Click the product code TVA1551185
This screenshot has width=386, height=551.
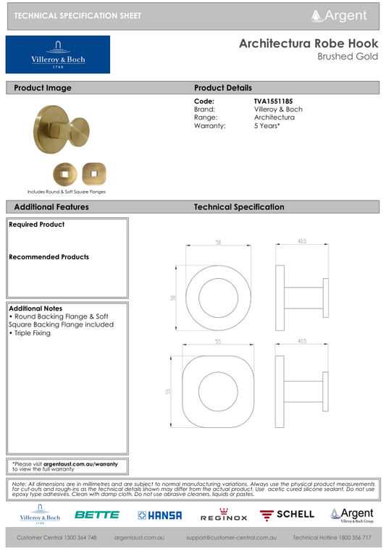pos(273,101)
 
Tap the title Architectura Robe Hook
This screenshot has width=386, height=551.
pos(308,44)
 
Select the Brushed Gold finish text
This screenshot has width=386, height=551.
pos(348,56)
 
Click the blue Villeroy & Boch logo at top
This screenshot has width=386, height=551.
pos(58,54)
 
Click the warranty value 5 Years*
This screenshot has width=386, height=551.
pos(267,125)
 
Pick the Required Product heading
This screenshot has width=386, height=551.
pos(37,224)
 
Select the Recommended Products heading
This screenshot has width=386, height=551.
pos(49,257)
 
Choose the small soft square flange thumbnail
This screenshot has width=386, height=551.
pos(93,173)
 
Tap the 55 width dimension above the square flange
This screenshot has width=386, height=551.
pos(217,342)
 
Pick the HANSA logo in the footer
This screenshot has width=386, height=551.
pos(159,515)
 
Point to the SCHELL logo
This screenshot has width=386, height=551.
pos(288,515)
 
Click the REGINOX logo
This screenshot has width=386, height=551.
pos(224,516)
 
